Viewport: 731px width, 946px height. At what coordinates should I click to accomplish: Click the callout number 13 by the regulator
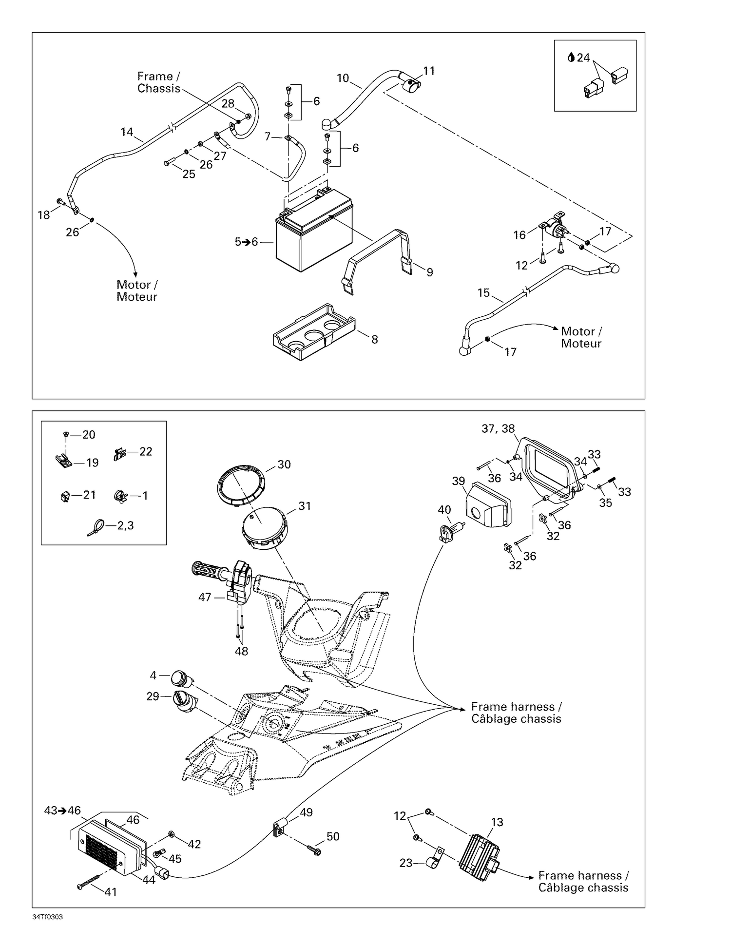497,822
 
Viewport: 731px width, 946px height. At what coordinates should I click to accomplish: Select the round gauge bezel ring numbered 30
241,484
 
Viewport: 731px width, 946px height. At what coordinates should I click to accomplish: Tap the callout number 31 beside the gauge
305,506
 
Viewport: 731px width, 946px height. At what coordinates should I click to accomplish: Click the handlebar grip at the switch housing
207,570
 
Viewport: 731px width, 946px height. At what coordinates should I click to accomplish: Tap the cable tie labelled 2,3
96,527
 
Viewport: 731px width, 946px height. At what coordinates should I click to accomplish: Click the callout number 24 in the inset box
583,58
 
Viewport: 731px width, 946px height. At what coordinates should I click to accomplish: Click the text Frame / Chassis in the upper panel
159,82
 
